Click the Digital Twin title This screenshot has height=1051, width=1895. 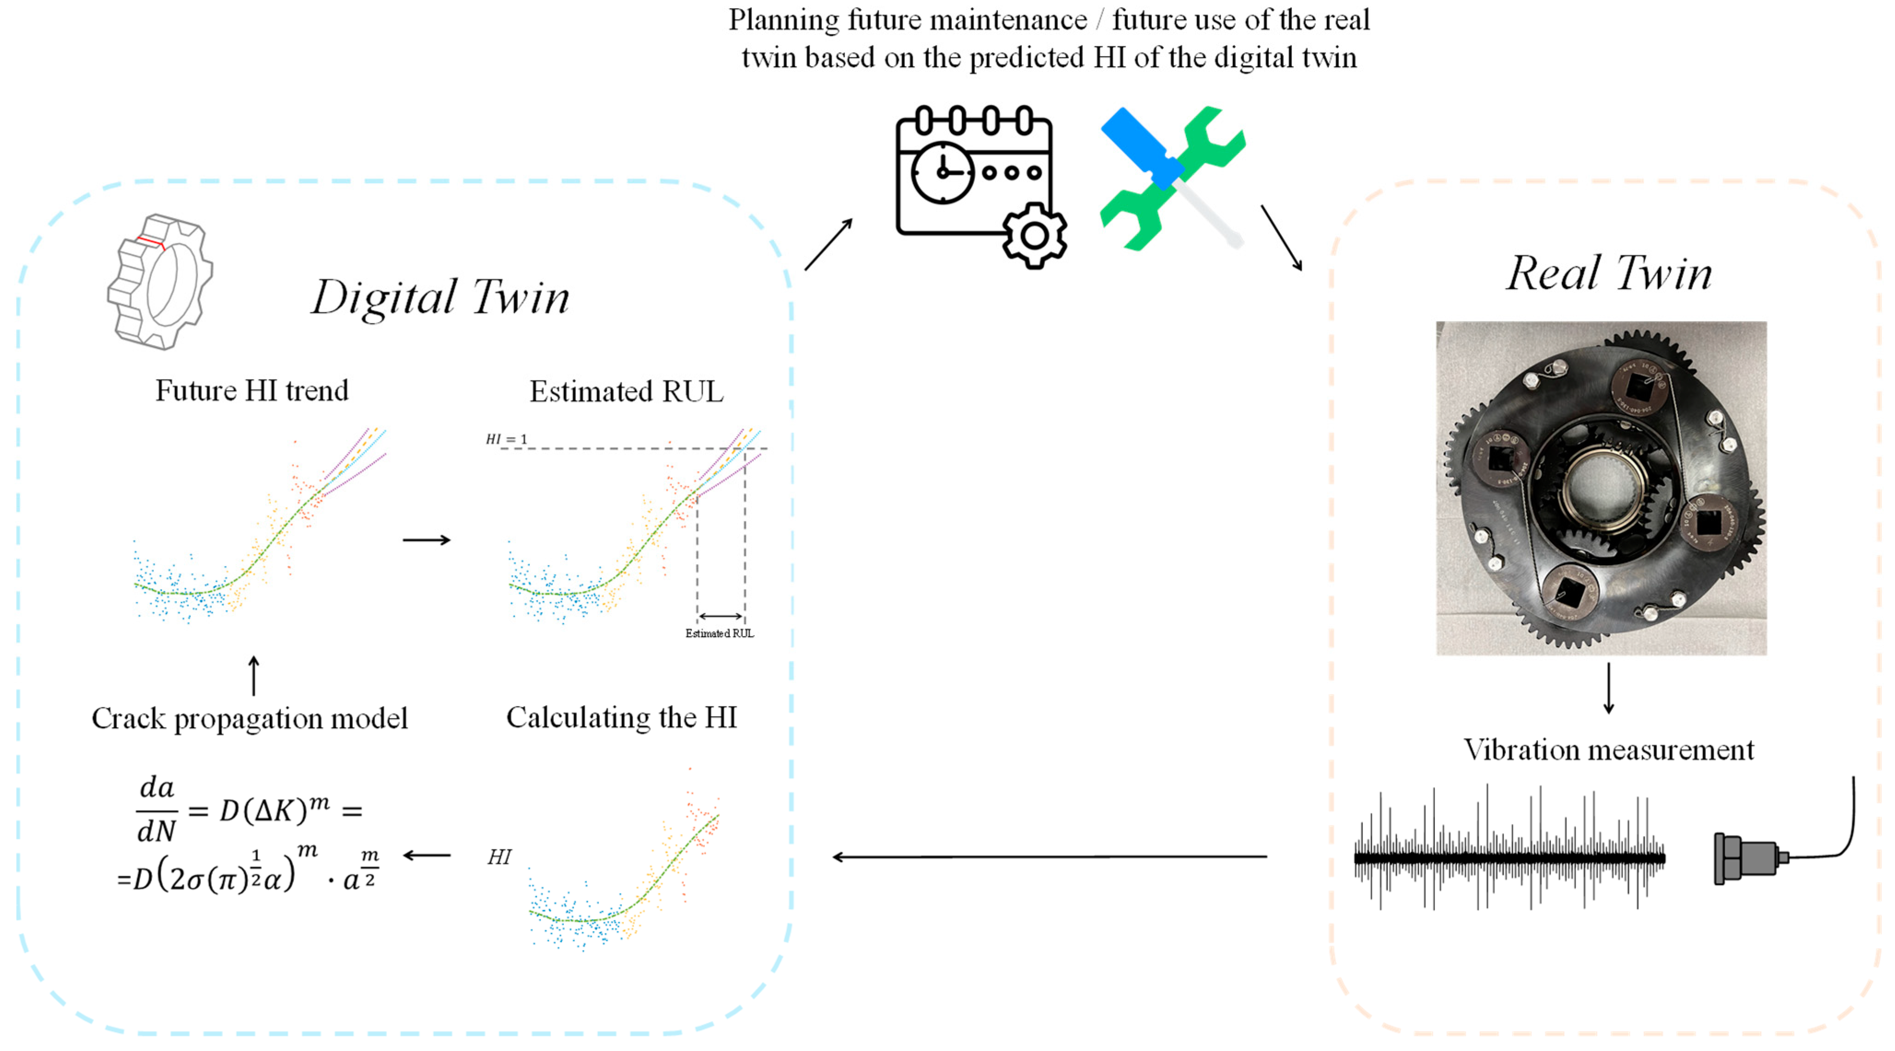click(x=440, y=298)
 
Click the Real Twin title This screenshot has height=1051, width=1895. click(x=1609, y=274)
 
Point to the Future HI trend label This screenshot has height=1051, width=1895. click(x=252, y=391)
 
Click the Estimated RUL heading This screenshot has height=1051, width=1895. click(x=626, y=391)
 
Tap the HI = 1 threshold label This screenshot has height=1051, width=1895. click(x=506, y=439)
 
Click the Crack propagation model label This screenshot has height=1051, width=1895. click(x=249, y=718)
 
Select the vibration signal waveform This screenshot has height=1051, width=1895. click(x=1509, y=856)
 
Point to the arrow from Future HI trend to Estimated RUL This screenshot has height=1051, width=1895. click(x=427, y=540)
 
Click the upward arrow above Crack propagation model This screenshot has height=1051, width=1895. click(x=254, y=675)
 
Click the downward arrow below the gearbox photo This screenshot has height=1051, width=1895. click(x=1609, y=688)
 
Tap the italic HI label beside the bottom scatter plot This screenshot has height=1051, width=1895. click(x=499, y=857)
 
